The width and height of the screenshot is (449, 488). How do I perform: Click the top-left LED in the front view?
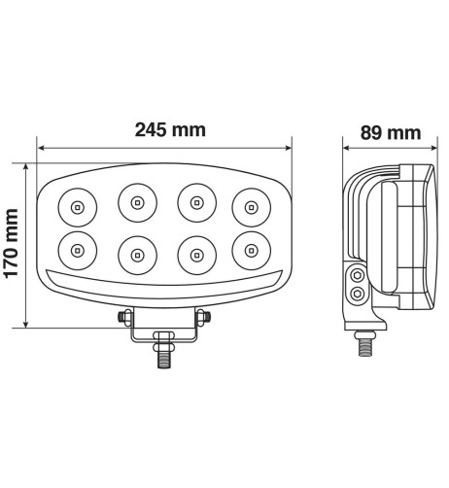pyautogui.click(x=76, y=206)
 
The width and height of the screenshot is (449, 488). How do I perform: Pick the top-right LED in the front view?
pyautogui.click(x=251, y=205)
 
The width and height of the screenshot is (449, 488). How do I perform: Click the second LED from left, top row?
pyautogui.click(x=136, y=203)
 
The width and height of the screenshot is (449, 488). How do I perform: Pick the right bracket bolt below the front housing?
pyautogui.click(x=203, y=318)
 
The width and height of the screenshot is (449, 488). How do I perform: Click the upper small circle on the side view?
pyautogui.click(x=359, y=277)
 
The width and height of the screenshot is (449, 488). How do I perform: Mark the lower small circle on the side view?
pyautogui.click(x=359, y=293)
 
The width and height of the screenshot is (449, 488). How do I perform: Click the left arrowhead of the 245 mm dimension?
pyautogui.click(x=41, y=149)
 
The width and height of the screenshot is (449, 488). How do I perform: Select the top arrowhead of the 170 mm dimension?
pyautogui.click(x=26, y=164)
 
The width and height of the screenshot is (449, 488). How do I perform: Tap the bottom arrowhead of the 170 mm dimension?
pyautogui.click(x=26, y=324)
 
